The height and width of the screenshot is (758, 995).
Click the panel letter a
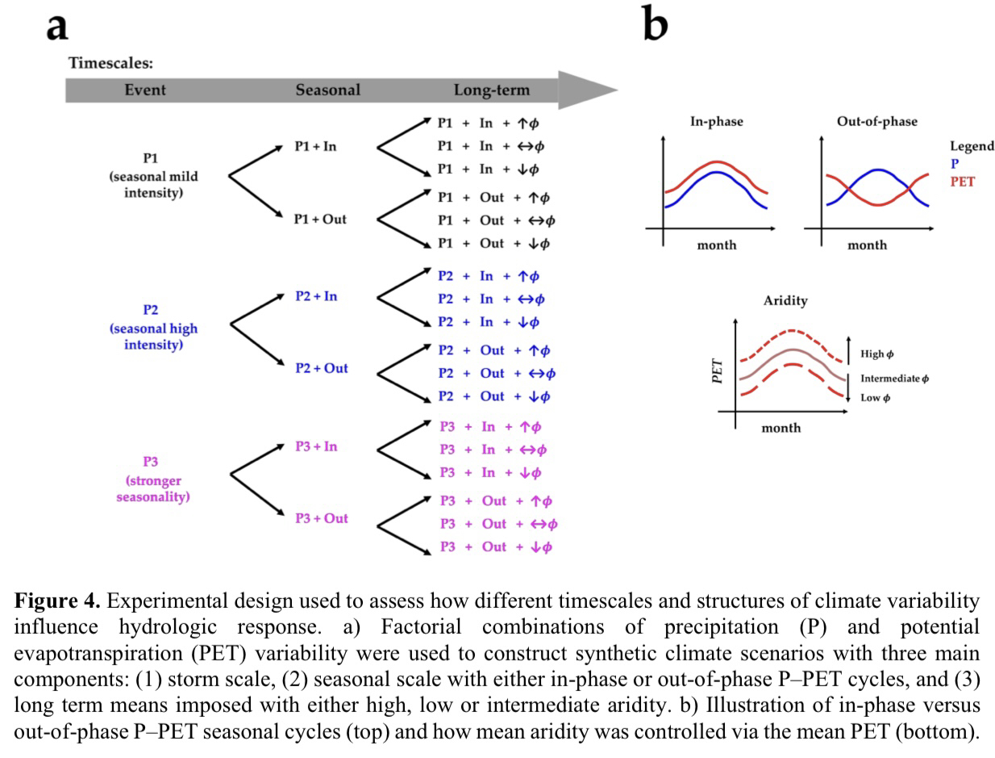click(x=56, y=26)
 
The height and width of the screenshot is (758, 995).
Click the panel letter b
click(x=655, y=24)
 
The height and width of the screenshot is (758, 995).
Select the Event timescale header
click(x=144, y=90)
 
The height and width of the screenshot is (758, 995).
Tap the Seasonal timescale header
click(x=327, y=90)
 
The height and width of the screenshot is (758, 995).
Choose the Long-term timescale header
click(x=492, y=90)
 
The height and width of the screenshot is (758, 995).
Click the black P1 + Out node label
click(x=320, y=219)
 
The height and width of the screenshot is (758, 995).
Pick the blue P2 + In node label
click(x=316, y=296)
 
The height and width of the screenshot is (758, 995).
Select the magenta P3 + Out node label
click(x=321, y=518)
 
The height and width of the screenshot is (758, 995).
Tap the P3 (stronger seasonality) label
click(x=152, y=480)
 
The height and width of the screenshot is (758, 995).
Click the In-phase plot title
click(x=716, y=122)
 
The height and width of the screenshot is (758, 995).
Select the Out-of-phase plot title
click(x=876, y=122)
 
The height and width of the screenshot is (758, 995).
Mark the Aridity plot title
click(x=785, y=300)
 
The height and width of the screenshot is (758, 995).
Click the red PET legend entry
click(x=962, y=182)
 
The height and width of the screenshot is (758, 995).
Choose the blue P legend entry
click(x=955, y=164)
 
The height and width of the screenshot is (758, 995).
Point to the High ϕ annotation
click(x=876, y=354)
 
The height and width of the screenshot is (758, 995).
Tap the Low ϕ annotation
click(x=875, y=398)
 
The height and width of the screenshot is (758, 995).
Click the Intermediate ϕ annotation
click(x=894, y=379)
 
